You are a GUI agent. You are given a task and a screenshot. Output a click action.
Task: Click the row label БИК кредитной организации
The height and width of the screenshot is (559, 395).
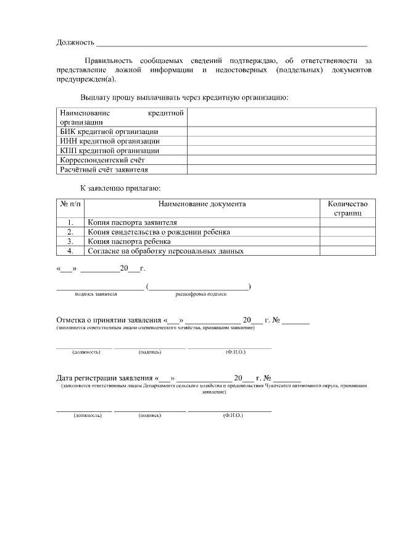(109, 132)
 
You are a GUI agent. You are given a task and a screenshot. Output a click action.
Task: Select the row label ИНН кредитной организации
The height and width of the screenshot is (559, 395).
(109, 141)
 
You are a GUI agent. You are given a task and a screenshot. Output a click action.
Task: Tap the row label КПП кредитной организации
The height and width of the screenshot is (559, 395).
(109, 150)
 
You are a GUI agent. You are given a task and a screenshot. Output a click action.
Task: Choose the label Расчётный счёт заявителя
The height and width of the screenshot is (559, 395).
(104, 169)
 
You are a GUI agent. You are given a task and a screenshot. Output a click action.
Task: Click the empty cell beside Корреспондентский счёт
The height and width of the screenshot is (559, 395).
(281, 159)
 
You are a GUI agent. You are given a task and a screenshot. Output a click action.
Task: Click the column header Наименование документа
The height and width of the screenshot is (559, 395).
(202, 203)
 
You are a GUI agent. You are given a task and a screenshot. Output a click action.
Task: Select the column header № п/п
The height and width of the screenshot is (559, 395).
(70, 203)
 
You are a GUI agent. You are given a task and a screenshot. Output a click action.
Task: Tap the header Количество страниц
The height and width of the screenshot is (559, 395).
(347, 208)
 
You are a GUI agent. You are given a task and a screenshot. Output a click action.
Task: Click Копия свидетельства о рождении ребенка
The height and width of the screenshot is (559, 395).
(159, 232)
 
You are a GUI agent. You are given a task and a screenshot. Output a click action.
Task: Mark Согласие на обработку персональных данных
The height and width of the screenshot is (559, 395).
(166, 251)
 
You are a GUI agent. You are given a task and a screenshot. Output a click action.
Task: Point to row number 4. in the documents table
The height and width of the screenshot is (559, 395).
(70, 251)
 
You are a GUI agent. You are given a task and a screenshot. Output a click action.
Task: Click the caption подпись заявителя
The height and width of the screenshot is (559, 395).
(96, 294)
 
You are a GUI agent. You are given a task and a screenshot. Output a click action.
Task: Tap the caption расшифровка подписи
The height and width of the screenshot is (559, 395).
(201, 294)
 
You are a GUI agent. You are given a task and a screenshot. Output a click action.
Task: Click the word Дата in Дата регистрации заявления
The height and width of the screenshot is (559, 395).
(66, 378)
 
